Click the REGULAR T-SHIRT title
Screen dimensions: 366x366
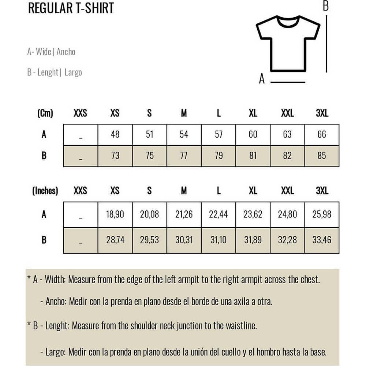(71, 8)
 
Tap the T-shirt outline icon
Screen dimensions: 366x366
(288, 43)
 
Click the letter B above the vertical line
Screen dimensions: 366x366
(325, 6)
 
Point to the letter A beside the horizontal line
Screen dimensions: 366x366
(261, 79)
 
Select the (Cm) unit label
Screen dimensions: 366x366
(45, 113)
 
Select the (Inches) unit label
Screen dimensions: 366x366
(45, 191)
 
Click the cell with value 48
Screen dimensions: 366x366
(115, 134)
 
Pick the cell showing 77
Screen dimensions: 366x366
(184, 156)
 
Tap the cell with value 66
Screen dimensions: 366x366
(322, 134)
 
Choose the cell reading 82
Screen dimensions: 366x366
(287, 156)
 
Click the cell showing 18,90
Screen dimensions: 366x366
(115, 214)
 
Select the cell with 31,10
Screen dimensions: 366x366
(219, 240)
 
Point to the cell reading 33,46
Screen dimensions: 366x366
(322, 240)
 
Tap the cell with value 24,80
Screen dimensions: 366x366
(287, 214)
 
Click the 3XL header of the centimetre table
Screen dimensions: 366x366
(322, 113)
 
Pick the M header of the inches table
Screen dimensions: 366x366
(184, 191)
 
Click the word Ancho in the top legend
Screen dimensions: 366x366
(66, 52)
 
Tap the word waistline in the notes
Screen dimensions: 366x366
(240, 325)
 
